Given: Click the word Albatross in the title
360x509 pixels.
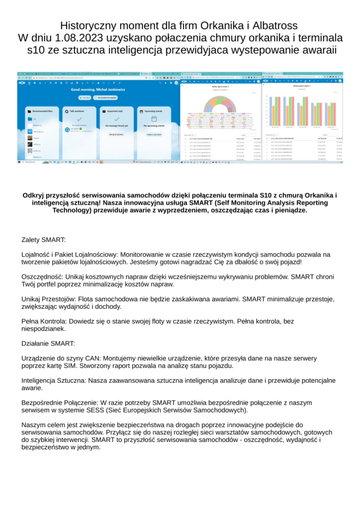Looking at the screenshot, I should coord(274,25).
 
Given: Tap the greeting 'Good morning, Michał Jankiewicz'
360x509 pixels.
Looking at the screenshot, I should coord(97,89).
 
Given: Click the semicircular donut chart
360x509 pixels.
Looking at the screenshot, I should coord(220,105).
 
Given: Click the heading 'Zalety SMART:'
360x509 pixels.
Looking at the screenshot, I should coord(40,240).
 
